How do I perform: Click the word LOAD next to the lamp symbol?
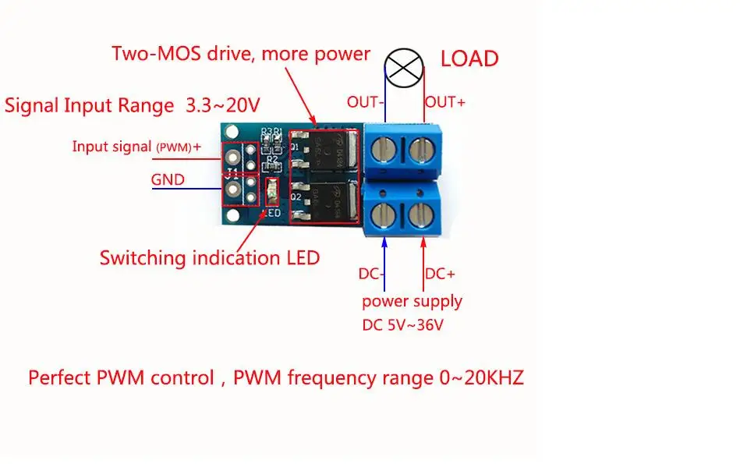pyautogui.click(x=469, y=59)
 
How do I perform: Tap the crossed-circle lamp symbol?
pyautogui.click(x=405, y=68)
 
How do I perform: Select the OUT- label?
pyautogui.click(x=366, y=102)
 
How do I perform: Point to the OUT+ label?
pyautogui.click(x=445, y=102)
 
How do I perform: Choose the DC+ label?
pyautogui.click(x=440, y=274)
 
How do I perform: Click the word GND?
pyautogui.click(x=168, y=179)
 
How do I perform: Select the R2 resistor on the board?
pyautogui.click(x=272, y=166)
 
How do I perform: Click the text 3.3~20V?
pyautogui.click(x=222, y=104)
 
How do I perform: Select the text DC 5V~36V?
pyautogui.click(x=402, y=325)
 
